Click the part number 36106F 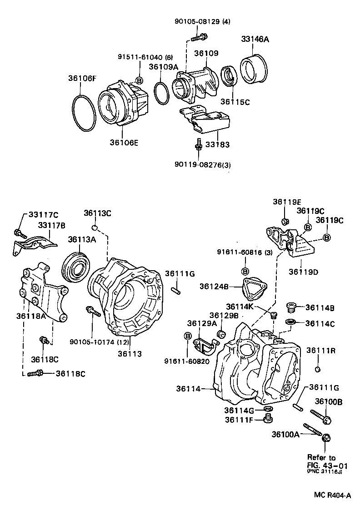pos(82,78)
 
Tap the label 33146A pos(255,40)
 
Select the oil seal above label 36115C pos(229,78)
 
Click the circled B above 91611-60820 pos(187,336)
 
